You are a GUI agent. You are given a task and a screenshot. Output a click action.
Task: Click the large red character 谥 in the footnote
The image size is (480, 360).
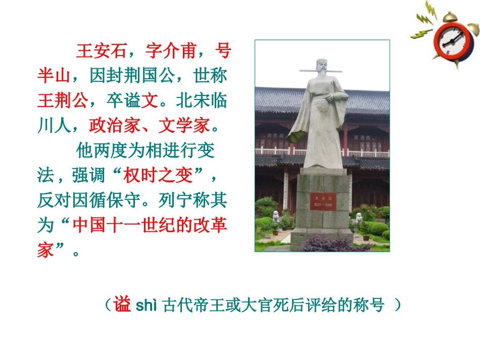123,305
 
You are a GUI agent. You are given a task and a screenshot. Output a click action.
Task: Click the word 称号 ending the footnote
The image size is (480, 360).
371,305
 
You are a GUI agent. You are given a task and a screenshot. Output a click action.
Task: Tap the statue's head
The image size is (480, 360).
321,68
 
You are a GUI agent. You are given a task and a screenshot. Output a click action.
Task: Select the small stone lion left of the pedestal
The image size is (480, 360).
276,217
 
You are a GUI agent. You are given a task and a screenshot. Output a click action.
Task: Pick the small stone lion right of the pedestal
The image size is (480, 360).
359,218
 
